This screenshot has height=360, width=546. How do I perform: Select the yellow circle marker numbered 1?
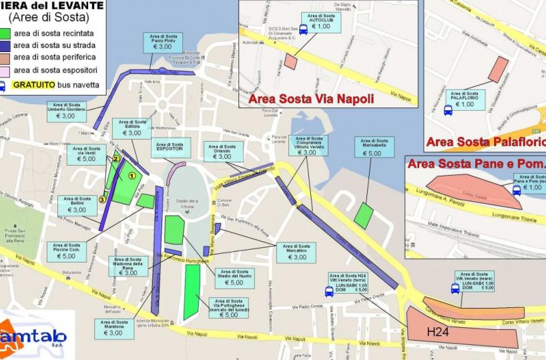coord(131,175)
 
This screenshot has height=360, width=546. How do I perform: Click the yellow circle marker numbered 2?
coord(115,159)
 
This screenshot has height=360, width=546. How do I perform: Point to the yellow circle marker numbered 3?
coord(102,198)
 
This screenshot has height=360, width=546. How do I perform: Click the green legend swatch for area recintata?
coord(5,32)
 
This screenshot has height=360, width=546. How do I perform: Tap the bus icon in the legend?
coord(4,85)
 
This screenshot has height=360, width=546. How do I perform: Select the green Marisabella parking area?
coord(364,214)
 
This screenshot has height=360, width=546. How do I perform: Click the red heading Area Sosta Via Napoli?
coord(310,100)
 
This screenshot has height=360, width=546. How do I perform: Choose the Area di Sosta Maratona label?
coord(113,327)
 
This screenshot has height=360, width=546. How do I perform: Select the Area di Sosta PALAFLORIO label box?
coord(464,100)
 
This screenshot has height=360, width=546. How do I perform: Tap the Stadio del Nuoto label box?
coord(234,277)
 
